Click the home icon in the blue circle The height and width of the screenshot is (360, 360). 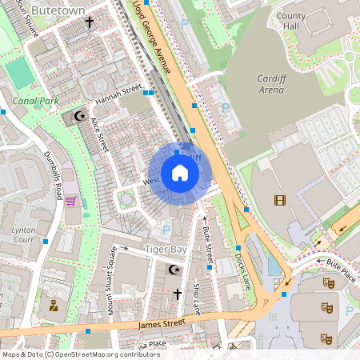click(x=179, y=173)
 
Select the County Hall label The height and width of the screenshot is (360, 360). click(x=291, y=22)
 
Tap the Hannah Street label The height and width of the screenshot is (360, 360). click(x=118, y=97)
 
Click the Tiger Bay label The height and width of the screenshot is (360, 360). click(x=166, y=250)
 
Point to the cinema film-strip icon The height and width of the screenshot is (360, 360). click(x=278, y=200)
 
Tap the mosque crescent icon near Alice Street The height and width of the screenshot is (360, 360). click(x=78, y=117)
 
